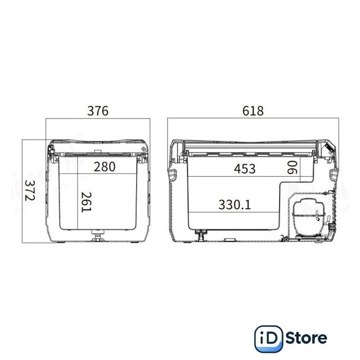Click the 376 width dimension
(97, 111)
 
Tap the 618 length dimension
(253, 111)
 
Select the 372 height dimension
(30, 190)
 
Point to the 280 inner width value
(105, 166)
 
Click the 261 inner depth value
(87, 202)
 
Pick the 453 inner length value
(245, 169)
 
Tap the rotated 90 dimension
(292, 168)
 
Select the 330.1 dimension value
(235, 205)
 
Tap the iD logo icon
(268, 339)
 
